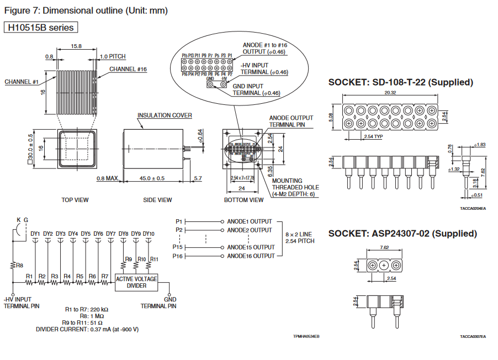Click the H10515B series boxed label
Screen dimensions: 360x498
[x=40, y=27]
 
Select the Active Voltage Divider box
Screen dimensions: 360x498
[x=136, y=282]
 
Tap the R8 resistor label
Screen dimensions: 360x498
[x=19, y=265]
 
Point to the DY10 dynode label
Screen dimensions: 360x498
[x=148, y=234]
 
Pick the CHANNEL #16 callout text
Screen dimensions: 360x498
[x=128, y=69]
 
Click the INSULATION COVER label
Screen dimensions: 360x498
[x=165, y=115]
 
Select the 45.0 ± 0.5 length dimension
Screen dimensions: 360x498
[x=152, y=178]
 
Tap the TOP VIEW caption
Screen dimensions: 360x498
[x=75, y=200]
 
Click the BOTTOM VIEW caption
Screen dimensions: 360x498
[x=243, y=200]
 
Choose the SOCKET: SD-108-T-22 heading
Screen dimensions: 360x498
[x=401, y=82]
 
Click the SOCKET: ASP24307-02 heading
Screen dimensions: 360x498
[x=402, y=234]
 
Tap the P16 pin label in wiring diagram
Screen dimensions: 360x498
[x=178, y=256]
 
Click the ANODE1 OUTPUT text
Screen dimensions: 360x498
[x=250, y=221]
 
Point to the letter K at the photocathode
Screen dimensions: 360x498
[x=18, y=220]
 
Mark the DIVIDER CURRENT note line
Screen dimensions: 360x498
[x=87, y=329]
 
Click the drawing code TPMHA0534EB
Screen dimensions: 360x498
[x=306, y=336]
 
